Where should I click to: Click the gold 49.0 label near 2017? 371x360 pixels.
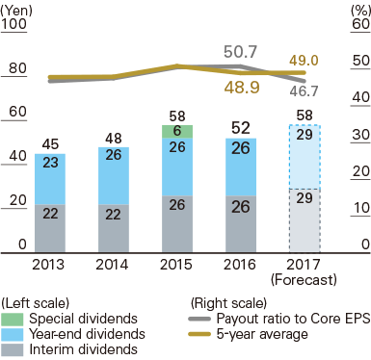tap(304, 59)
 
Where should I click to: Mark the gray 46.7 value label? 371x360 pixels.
tap(304, 91)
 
